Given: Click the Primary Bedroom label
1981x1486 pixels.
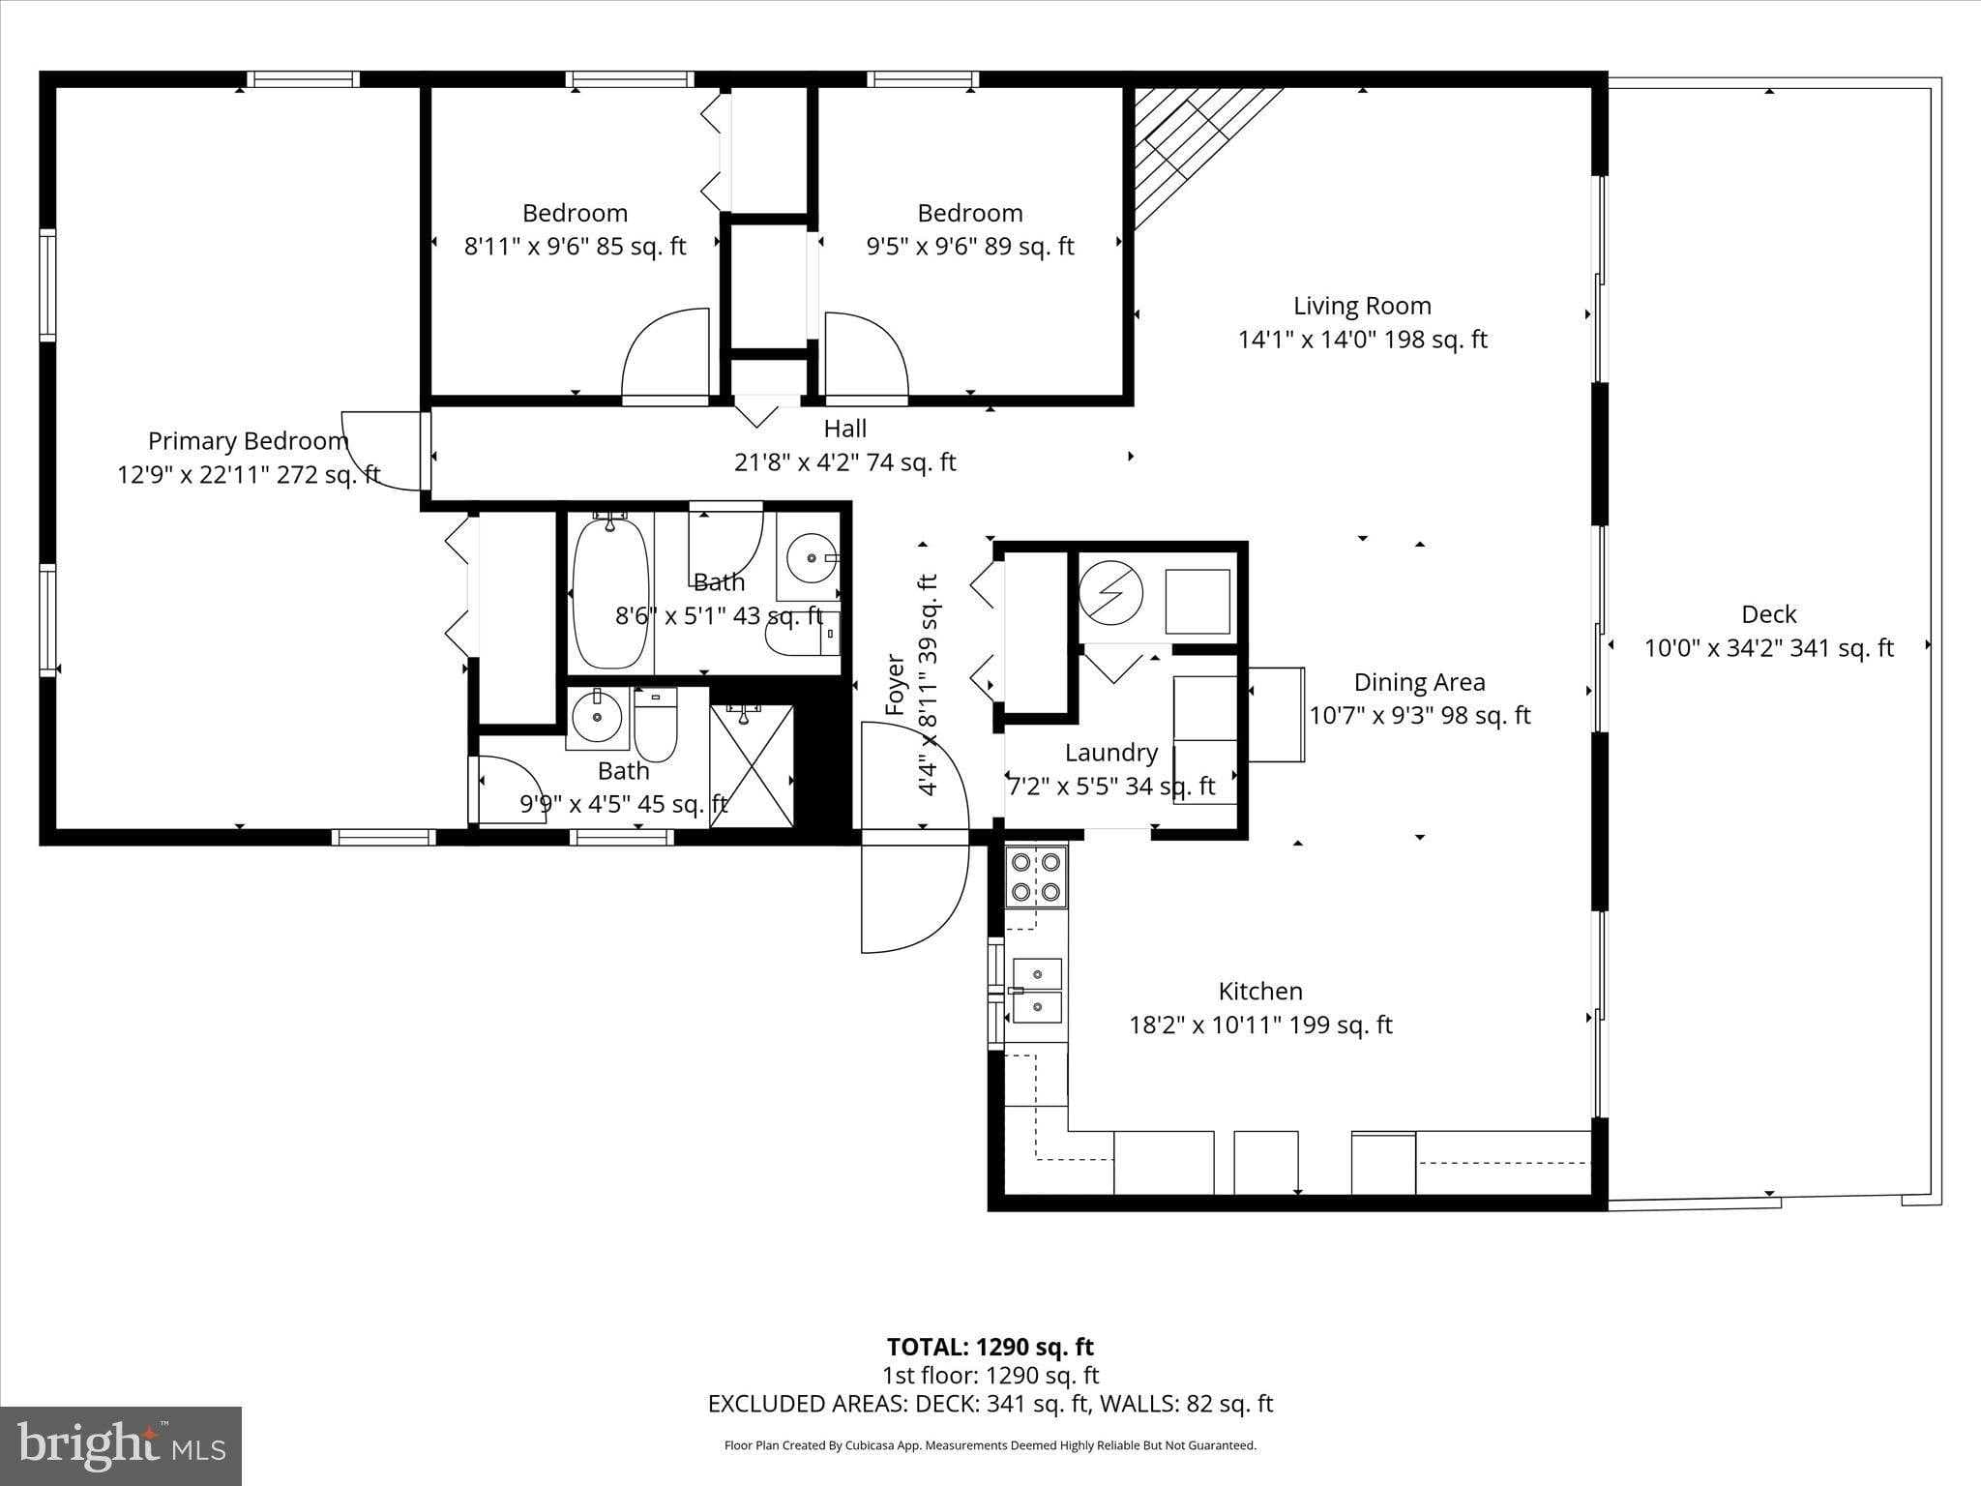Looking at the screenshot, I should point(248,441).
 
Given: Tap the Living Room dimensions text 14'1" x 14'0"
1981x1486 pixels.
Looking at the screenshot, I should point(1362,340).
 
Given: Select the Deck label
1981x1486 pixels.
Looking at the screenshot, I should point(1768,614).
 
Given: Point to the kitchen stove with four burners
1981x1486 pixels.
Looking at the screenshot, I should point(1036,876).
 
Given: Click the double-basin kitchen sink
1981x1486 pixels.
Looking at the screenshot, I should point(1036,991).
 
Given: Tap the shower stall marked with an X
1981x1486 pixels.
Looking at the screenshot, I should point(753,765).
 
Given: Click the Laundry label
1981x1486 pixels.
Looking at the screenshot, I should point(1110,753).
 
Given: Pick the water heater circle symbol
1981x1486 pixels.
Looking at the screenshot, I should point(1111,592).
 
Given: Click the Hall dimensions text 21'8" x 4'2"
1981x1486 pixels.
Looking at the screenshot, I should point(844,462).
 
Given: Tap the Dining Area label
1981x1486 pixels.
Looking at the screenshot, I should point(1419,682).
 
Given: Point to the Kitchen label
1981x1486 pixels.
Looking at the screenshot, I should point(1260,991).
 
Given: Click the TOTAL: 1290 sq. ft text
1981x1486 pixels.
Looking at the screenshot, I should point(990,1347).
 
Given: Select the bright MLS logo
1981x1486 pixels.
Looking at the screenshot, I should point(121,1445).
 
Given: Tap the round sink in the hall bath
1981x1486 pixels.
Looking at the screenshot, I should point(809,558).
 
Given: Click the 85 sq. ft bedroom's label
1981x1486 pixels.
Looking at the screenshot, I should point(575,213).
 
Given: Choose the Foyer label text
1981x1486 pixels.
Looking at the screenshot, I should point(896,685).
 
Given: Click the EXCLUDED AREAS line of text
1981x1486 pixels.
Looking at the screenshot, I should point(990,1404).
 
